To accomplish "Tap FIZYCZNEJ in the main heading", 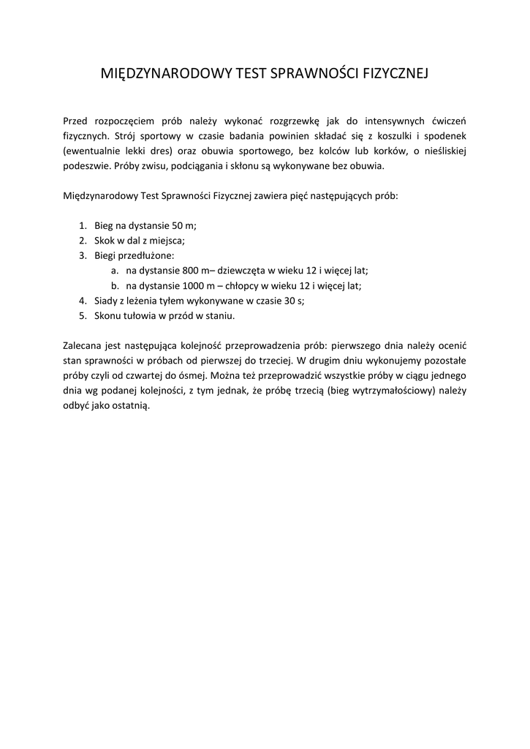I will (x=395, y=74).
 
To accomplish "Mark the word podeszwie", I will (x=86, y=167).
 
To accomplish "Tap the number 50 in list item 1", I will (x=178, y=226).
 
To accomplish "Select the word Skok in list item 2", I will (x=105, y=241).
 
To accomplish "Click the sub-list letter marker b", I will (x=114, y=285).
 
